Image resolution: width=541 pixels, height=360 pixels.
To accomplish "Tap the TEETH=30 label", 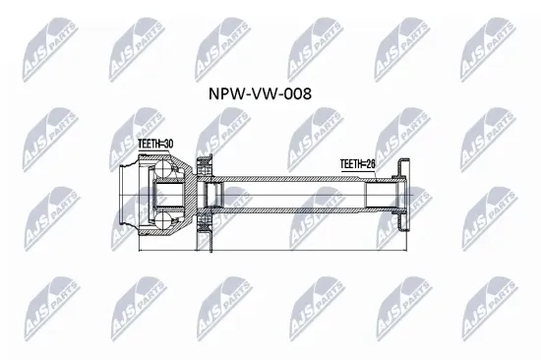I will point(153,145).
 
